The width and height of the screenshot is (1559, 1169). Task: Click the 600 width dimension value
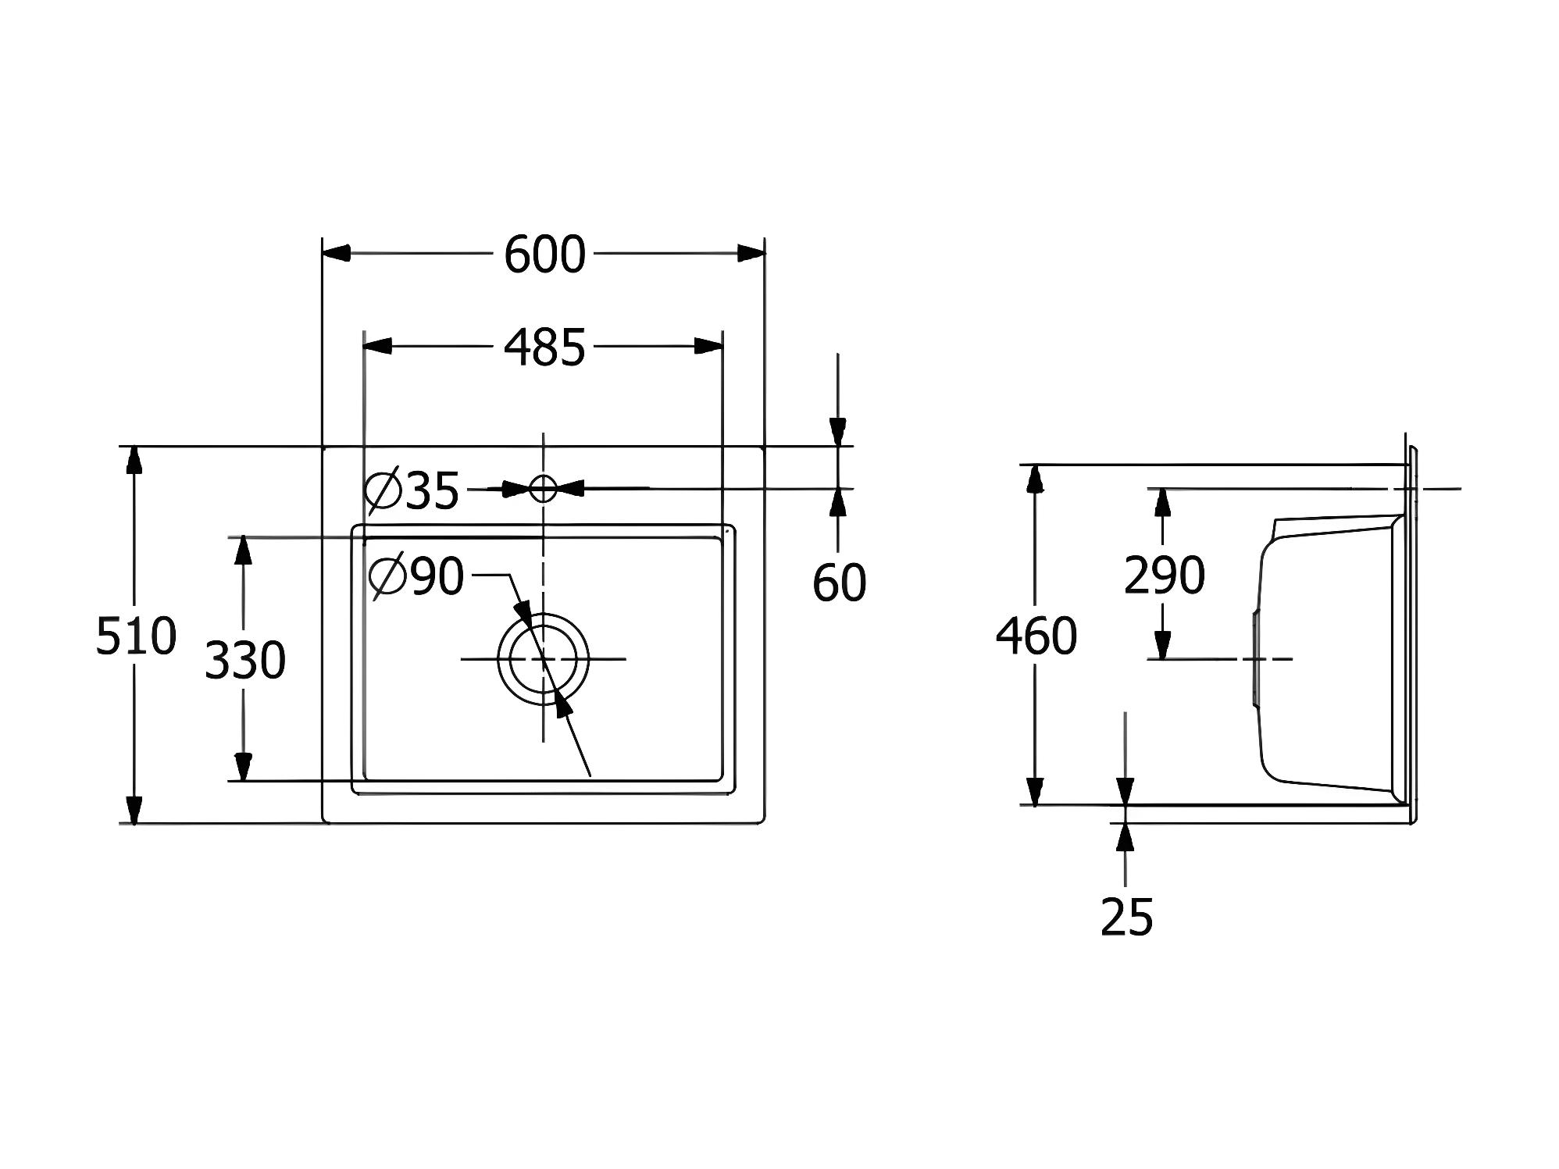(544, 255)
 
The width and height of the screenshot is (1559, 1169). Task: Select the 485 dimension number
(544, 347)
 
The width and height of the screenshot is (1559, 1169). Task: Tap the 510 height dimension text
(136, 636)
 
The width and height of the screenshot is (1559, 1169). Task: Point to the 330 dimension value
(244, 660)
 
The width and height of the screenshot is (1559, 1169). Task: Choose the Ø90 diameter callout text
(416, 576)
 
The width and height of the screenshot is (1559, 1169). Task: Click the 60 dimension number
(839, 583)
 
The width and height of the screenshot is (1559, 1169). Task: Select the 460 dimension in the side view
(1036, 636)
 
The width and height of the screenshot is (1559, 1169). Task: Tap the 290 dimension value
(1164, 576)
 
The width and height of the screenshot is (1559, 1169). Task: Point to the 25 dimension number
(1126, 917)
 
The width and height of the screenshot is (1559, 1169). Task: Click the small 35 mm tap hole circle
(543, 489)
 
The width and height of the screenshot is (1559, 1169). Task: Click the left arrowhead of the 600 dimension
(336, 253)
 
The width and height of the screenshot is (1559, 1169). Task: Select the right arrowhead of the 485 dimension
(708, 346)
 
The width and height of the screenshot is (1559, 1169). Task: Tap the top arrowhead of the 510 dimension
(134, 459)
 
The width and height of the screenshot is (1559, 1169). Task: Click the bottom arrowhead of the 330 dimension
(244, 767)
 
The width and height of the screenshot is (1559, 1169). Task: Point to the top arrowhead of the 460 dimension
(1036, 478)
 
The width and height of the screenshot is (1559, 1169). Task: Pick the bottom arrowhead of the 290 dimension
(1163, 645)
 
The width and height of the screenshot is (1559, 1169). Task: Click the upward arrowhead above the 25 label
(1125, 837)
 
